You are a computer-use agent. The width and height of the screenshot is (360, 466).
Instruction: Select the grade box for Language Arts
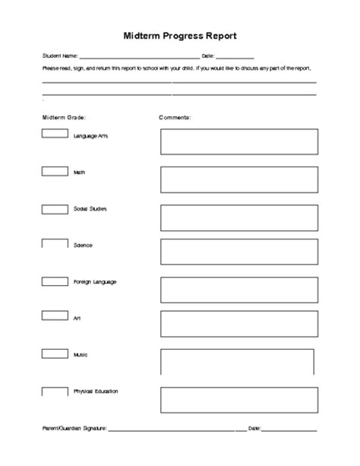54,134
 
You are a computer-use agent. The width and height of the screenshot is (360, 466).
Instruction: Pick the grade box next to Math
54,171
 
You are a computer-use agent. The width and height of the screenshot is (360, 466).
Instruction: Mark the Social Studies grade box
54,208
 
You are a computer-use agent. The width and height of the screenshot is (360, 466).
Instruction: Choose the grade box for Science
54,245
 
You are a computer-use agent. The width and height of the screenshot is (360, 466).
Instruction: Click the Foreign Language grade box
54,281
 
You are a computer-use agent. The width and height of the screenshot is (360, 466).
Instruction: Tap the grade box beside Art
54,317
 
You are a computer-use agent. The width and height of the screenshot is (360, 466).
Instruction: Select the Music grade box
54,353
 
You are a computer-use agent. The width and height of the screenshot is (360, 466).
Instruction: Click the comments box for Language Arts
238,141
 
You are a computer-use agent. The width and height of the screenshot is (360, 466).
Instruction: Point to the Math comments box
238,179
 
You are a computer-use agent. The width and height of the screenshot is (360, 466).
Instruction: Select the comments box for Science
238,253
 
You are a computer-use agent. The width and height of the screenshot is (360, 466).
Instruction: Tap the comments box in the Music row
238,363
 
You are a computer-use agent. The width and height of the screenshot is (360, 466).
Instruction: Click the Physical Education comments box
238,400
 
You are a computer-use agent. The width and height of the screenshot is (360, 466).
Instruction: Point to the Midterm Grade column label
65,118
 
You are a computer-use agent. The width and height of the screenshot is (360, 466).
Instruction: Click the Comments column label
175,118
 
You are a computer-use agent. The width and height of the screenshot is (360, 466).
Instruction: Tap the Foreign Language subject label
95,282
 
